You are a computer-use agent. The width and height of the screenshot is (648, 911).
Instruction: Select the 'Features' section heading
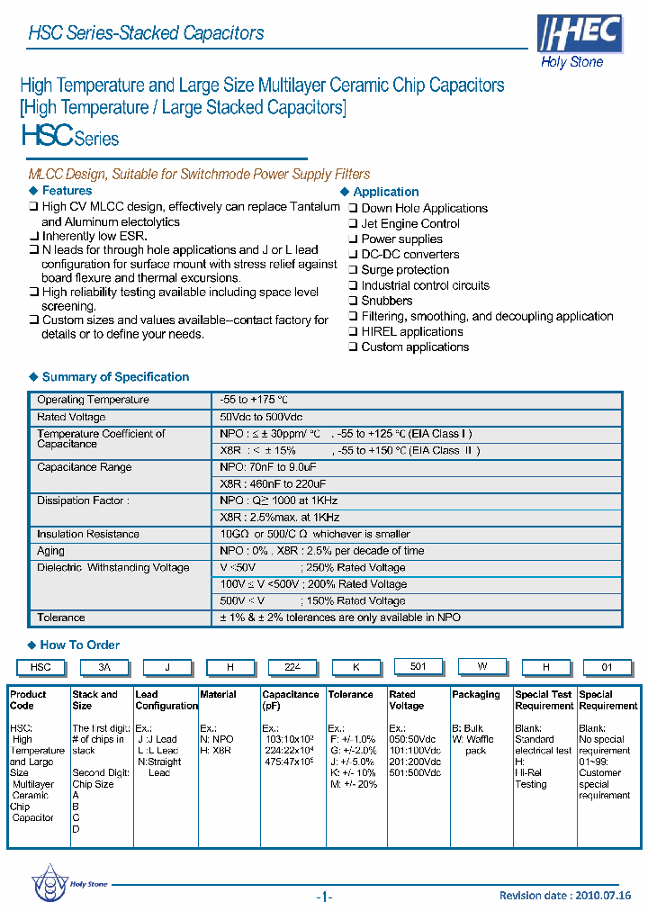pyautogui.click(x=67, y=191)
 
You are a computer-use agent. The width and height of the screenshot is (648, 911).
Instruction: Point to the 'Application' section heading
pyautogui.click(x=385, y=192)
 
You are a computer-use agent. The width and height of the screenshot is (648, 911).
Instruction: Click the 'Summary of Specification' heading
pyautogui.click(x=115, y=377)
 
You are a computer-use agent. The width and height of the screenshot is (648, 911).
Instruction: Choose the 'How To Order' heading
pyautogui.click(x=79, y=645)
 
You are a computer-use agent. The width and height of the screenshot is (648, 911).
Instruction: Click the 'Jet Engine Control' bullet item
pyautogui.click(x=409, y=223)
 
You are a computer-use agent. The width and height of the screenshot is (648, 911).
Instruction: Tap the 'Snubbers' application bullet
pyautogui.click(x=386, y=301)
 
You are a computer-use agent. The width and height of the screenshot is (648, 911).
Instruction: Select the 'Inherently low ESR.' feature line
pyautogui.click(x=94, y=236)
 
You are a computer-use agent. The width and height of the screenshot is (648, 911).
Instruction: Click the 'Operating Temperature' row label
pyautogui.click(x=93, y=400)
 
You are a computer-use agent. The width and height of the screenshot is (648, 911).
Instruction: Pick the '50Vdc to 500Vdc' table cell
pyautogui.click(x=261, y=417)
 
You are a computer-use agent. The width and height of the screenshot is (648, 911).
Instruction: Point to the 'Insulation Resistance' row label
pyautogui.click(x=88, y=534)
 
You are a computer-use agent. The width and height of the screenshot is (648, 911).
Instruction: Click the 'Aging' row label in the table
pyautogui.click(x=50, y=551)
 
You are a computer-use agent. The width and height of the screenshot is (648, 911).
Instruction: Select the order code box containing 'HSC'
pyautogui.click(x=40, y=667)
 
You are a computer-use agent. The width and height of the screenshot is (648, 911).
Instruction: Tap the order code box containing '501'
pyautogui.click(x=418, y=666)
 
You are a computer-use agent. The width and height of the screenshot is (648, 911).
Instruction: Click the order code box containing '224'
pyautogui.click(x=292, y=667)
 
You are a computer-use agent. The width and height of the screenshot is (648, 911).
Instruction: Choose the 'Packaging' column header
pyautogui.click(x=476, y=695)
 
